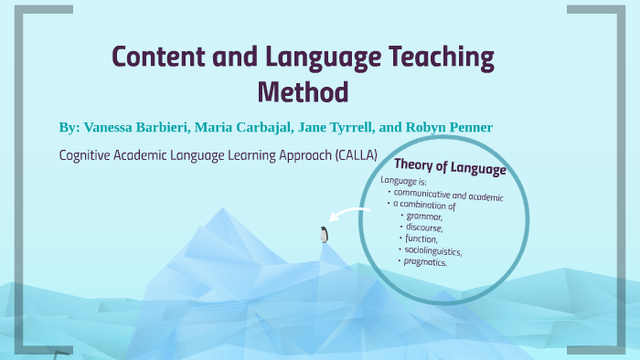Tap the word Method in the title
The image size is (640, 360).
coord(303,91)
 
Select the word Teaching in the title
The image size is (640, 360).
coord(436,58)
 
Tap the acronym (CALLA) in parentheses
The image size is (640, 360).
coord(348,154)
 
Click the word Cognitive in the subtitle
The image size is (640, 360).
coord(90,154)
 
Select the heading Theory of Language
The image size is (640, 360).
coord(449,168)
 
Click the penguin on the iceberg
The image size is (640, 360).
coord(324,235)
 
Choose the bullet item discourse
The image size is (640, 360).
coord(425,228)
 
